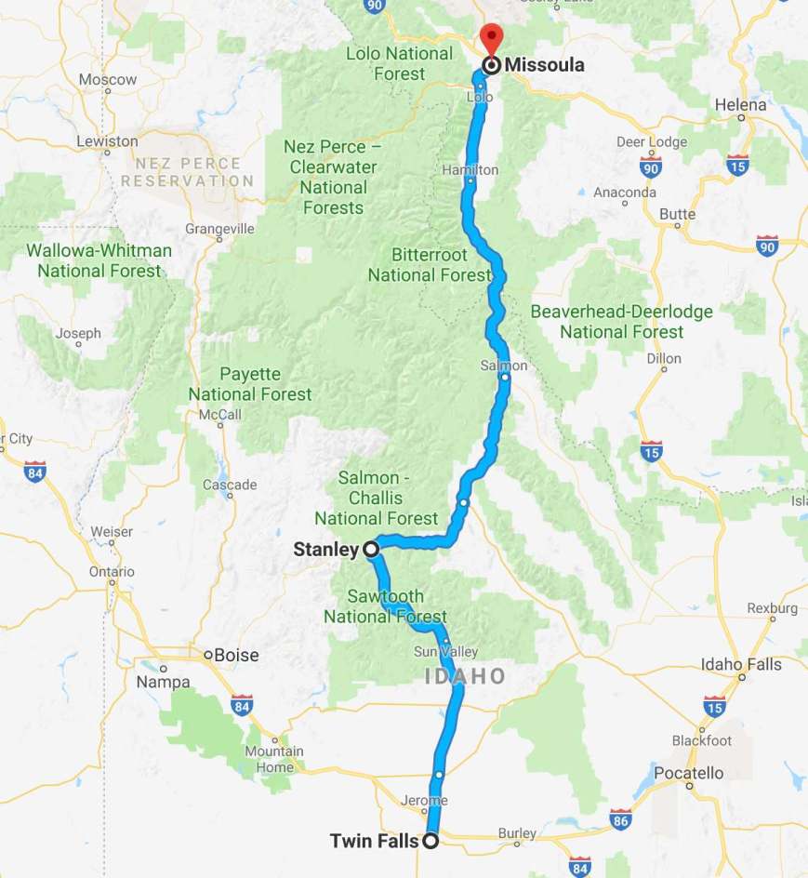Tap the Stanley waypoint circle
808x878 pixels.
click(x=371, y=550)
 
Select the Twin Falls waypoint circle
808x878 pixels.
click(x=430, y=842)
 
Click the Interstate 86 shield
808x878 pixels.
click(x=622, y=819)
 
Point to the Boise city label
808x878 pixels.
click(x=236, y=655)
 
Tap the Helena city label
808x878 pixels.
click(x=740, y=105)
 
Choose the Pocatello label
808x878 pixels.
click(x=689, y=773)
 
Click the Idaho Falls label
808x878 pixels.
click(x=741, y=664)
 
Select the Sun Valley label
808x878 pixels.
click(x=433, y=650)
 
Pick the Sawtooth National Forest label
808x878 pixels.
click(x=385, y=606)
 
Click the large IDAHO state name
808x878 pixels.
click(x=465, y=676)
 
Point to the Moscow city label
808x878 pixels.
click(x=108, y=80)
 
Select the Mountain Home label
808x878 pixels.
click(x=274, y=759)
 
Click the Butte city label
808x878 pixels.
click(x=677, y=214)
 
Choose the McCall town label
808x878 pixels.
click(x=214, y=415)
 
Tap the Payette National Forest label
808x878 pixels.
click(x=250, y=384)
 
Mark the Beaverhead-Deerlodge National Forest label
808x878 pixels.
click(x=621, y=322)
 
